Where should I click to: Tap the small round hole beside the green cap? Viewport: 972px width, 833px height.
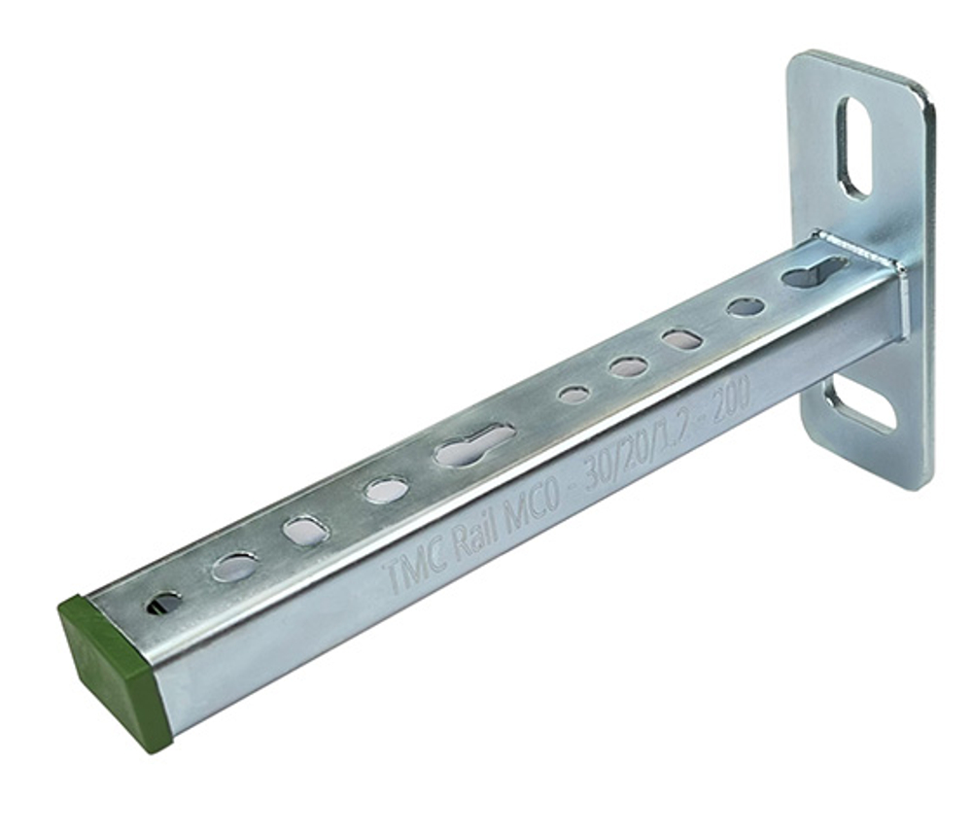[x=163, y=604]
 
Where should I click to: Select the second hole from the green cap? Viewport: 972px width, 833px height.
[x=235, y=567]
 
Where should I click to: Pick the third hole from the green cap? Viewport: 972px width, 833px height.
[x=306, y=530]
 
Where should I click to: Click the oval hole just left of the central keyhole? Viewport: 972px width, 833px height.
[x=386, y=491]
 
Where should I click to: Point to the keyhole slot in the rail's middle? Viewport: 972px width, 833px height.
[x=474, y=444]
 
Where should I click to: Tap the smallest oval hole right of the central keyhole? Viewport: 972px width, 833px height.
[x=573, y=395]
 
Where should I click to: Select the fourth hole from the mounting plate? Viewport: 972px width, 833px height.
[x=628, y=366]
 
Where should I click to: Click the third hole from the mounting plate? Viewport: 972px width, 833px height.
[x=681, y=339]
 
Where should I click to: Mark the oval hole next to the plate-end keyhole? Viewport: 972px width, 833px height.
[x=746, y=307]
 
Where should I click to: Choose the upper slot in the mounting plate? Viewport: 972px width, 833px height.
[x=853, y=147]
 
